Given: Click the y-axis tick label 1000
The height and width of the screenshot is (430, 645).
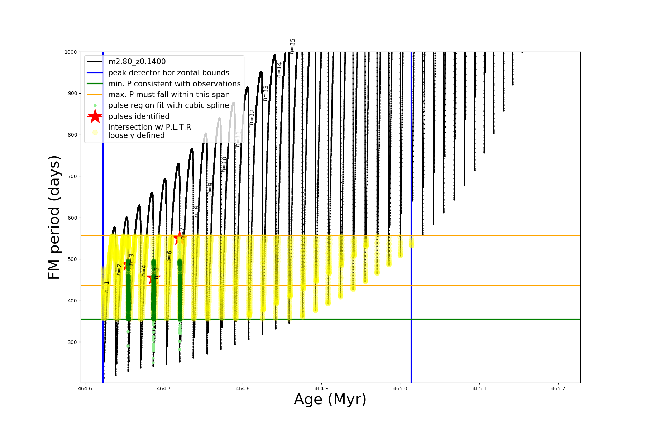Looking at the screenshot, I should pyautogui.click(x=71, y=52).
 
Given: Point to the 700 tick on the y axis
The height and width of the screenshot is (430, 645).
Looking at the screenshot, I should pyautogui.click(x=72, y=176).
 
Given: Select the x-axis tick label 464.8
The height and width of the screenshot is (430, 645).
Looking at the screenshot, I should pyautogui.click(x=243, y=388).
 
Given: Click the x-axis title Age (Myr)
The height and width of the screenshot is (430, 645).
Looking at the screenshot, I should pyautogui.click(x=330, y=400).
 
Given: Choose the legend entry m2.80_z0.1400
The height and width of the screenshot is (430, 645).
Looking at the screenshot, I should pyautogui.click(x=137, y=62).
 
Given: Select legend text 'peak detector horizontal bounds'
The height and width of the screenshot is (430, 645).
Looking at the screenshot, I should pyautogui.click(x=169, y=73).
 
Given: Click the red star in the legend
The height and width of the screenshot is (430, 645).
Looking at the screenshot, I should pyautogui.click(x=95, y=116).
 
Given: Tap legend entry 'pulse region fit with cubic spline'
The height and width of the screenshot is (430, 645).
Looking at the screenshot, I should pyautogui.click(x=168, y=105).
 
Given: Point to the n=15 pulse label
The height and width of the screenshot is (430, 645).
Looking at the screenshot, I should pyautogui.click(x=292, y=46).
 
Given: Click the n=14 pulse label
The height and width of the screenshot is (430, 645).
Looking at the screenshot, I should pyautogui.click(x=279, y=70).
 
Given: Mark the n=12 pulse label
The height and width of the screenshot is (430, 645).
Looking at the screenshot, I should pyautogui.click(x=252, y=117).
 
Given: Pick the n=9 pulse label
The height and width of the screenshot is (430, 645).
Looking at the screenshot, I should pyautogui.click(x=210, y=188).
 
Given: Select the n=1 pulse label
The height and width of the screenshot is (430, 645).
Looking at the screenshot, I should pyautogui.click(x=106, y=287).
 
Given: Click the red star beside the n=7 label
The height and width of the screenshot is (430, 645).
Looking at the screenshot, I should pyautogui.click(x=179, y=238).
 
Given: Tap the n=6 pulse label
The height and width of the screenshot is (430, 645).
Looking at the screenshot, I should pyautogui.click(x=169, y=257).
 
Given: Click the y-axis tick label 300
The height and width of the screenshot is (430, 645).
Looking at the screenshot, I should pyautogui.click(x=72, y=342).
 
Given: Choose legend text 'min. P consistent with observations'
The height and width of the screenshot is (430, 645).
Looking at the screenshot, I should pyautogui.click(x=175, y=84).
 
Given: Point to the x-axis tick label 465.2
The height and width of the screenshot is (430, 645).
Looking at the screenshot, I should pyautogui.click(x=558, y=388).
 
